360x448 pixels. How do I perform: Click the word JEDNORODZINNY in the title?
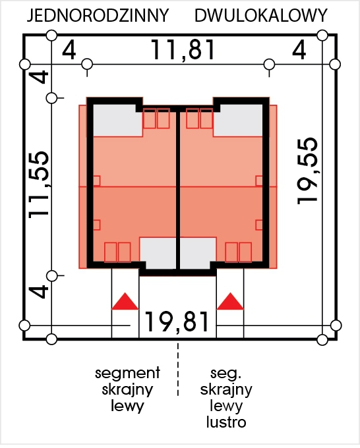click(98, 15)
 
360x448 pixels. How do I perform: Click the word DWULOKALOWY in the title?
click(261, 15)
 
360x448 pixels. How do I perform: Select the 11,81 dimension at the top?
click(183, 49)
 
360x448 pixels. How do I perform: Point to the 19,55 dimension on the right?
click(307, 171)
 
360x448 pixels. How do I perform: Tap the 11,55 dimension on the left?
click(39, 185)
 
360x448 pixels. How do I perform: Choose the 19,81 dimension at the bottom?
click(177, 322)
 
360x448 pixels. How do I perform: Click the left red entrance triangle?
click(125, 301)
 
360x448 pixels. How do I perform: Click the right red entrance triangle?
click(230, 301)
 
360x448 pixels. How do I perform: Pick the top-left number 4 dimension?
click(69, 50)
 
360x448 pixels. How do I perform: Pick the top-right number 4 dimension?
click(299, 50)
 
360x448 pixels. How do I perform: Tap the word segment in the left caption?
click(127, 373)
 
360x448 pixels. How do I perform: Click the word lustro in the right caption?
click(226, 422)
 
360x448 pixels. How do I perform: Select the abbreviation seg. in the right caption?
click(226, 373)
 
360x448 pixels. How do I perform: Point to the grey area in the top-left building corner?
click(117, 121)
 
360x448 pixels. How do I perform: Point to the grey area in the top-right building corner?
click(238, 121)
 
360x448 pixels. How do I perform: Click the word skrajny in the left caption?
click(127, 390)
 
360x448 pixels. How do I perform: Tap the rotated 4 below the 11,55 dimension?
click(39, 291)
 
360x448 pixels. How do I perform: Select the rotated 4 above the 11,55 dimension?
click(39, 76)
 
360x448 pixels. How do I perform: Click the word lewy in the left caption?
click(127, 406)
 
